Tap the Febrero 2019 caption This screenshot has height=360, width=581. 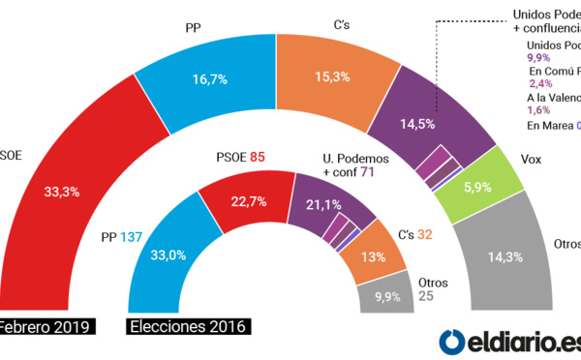pos(45,326)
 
